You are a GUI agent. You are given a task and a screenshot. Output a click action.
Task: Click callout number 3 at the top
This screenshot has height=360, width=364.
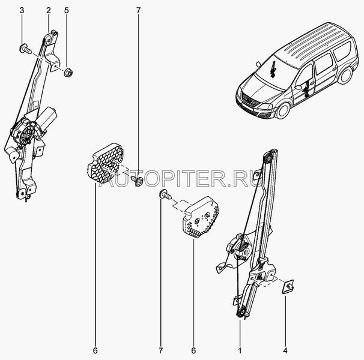click(x=22, y=10)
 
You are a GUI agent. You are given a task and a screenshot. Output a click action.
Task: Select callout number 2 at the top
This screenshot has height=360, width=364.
click(x=49, y=10)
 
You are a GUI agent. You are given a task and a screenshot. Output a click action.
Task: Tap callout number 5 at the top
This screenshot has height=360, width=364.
click(x=67, y=10)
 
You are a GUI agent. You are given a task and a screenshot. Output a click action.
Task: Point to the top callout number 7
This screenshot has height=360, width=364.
click(x=138, y=10)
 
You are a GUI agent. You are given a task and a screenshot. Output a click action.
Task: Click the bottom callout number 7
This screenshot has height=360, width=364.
click(x=161, y=350)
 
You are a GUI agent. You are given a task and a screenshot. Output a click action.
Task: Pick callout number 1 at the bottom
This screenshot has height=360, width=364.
click(x=240, y=350)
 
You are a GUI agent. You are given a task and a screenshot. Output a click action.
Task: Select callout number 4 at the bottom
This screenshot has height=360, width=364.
click(x=285, y=350)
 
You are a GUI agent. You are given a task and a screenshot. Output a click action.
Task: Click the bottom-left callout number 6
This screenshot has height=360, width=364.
click(x=95, y=350)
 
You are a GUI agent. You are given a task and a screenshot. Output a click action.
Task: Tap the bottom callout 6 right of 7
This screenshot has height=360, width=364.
click(x=193, y=350)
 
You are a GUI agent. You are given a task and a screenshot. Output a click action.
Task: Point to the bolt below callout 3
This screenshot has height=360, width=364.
click(x=25, y=49)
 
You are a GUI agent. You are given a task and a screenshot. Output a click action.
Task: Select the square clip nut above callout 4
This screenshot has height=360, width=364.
click(x=288, y=287)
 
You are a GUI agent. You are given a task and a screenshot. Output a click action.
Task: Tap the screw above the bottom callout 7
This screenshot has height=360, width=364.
click(x=165, y=194)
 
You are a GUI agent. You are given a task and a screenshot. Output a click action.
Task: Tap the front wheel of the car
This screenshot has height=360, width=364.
click(x=283, y=110)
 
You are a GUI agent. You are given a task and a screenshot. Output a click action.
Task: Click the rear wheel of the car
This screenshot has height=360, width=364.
click(x=345, y=76)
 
